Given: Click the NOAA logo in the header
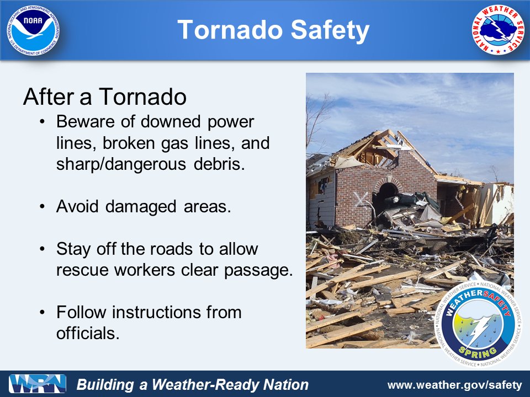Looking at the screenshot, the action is [x=33, y=30].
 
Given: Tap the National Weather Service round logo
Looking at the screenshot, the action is [x=497, y=30].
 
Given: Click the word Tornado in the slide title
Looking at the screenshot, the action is [x=230, y=30].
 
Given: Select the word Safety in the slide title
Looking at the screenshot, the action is [x=330, y=30].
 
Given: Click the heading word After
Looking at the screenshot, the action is [x=48, y=96].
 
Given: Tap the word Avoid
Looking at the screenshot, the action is [x=77, y=206].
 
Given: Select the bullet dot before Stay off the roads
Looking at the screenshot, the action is [x=42, y=249].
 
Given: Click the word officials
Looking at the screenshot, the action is [x=88, y=333].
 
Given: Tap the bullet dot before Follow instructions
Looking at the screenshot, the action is [x=42, y=312].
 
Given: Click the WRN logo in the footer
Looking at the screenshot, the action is [x=38, y=384].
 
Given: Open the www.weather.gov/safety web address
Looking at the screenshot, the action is [x=454, y=385].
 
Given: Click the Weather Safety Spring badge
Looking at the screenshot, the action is [x=478, y=324].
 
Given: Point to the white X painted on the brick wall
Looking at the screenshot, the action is [x=361, y=199].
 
